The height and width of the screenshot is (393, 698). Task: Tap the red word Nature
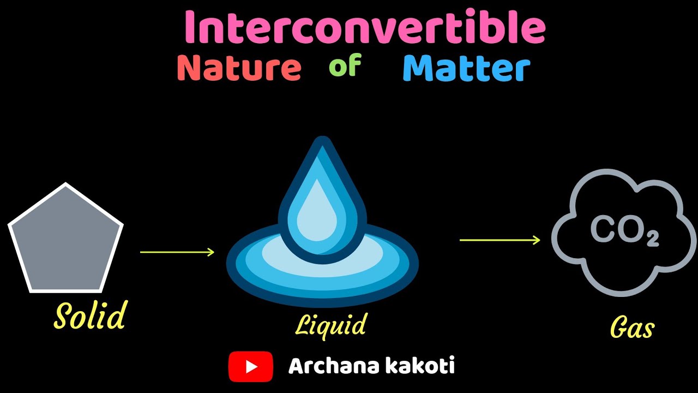pyautogui.click(x=239, y=68)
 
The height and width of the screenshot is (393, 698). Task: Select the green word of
pyautogui.click(x=345, y=67)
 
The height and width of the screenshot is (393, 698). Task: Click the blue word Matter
pyautogui.click(x=466, y=69)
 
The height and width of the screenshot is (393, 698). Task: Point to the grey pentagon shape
pyautogui.click(x=65, y=240)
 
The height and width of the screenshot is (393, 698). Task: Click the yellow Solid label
pyautogui.click(x=90, y=315)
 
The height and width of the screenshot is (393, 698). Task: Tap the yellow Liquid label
pyautogui.click(x=330, y=325)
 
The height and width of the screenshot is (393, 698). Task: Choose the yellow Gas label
pyautogui.click(x=632, y=329)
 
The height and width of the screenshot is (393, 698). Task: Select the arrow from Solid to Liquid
pyautogui.click(x=177, y=252)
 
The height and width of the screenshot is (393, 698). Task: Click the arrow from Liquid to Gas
pyautogui.click(x=500, y=240)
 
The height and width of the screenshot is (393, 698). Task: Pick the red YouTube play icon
pyautogui.click(x=250, y=366)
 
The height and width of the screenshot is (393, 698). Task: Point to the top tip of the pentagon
pyautogui.click(x=66, y=184)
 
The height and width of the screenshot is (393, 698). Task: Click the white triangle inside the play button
pyautogui.click(x=251, y=366)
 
